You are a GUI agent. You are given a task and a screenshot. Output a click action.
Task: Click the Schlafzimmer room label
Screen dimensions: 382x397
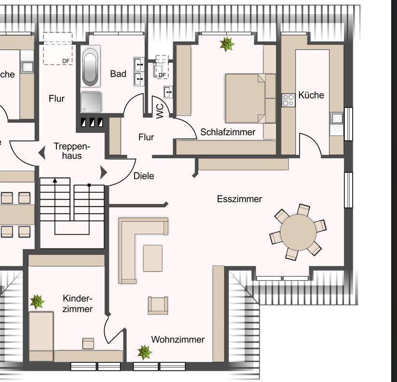pyautogui.click(x=228, y=132)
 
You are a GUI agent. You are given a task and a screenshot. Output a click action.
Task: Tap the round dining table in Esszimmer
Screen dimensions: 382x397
pyautogui.click(x=298, y=232)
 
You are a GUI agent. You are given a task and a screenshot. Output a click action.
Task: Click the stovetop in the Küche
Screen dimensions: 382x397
pyautogui.click(x=288, y=100)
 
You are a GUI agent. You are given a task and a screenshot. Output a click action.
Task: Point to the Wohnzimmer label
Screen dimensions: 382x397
pyautogui.click(x=178, y=340)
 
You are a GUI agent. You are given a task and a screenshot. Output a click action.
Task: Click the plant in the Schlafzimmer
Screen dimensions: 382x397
pyautogui.click(x=227, y=44)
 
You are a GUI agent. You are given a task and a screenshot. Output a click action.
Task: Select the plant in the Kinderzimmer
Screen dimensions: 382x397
pyautogui.click(x=37, y=302)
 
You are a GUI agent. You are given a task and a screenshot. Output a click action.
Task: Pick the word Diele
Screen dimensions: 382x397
pyautogui.click(x=144, y=176)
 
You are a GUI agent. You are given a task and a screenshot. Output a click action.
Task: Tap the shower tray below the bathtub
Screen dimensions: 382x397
pyautogui.click(x=91, y=102)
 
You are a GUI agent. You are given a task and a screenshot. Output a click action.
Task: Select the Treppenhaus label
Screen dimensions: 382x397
pyautogui.click(x=68, y=151)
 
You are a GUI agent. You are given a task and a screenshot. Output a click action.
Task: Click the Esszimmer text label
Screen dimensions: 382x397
pyautogui.click(x=239, y=199)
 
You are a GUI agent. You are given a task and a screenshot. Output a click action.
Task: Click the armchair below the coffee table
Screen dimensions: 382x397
pyautogui.click(x=158, y=305)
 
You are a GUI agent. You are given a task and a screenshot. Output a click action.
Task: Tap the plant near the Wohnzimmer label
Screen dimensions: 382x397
pyautogui.click(x=144, y=352)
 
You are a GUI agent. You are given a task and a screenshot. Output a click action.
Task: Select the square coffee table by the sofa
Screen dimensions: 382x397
pyautogui.click(x=153, y=258)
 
